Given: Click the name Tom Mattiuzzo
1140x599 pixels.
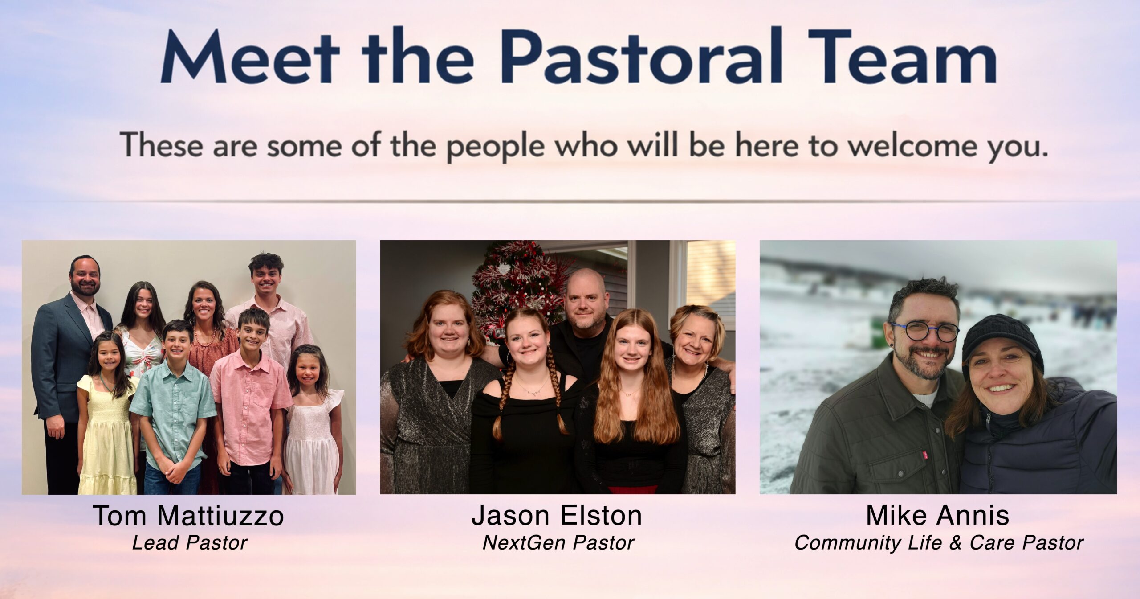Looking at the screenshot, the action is pos(188,516).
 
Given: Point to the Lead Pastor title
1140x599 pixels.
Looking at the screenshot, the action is pos(190,543).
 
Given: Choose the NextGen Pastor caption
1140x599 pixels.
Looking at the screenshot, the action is pos(558,543).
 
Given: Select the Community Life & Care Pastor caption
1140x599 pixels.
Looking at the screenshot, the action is pos(939,543).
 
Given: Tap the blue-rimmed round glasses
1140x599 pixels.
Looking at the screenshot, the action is pos(924,331).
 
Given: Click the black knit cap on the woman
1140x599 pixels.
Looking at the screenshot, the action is pos(1002,339).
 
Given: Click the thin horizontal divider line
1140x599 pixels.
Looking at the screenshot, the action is pos(570,202).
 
